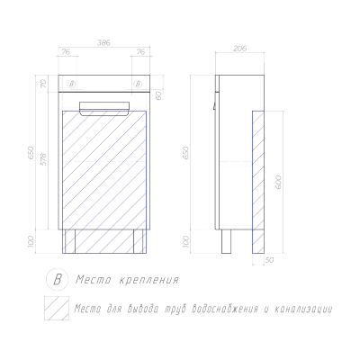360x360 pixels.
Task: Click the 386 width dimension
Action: pos(103,43)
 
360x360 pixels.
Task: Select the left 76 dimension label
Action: pos(66,52)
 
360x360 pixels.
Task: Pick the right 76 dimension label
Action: pos(140,52)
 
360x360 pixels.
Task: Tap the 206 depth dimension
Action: pos(239,48)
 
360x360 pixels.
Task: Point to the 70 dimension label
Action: pos(43,84)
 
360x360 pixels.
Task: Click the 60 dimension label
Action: pos(158,95)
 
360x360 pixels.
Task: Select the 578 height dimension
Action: pos(44,159)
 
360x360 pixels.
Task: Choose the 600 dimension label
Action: pos(278,182)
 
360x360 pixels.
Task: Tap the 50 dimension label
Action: pos(269,260)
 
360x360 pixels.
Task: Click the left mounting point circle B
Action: pos(72,84)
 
